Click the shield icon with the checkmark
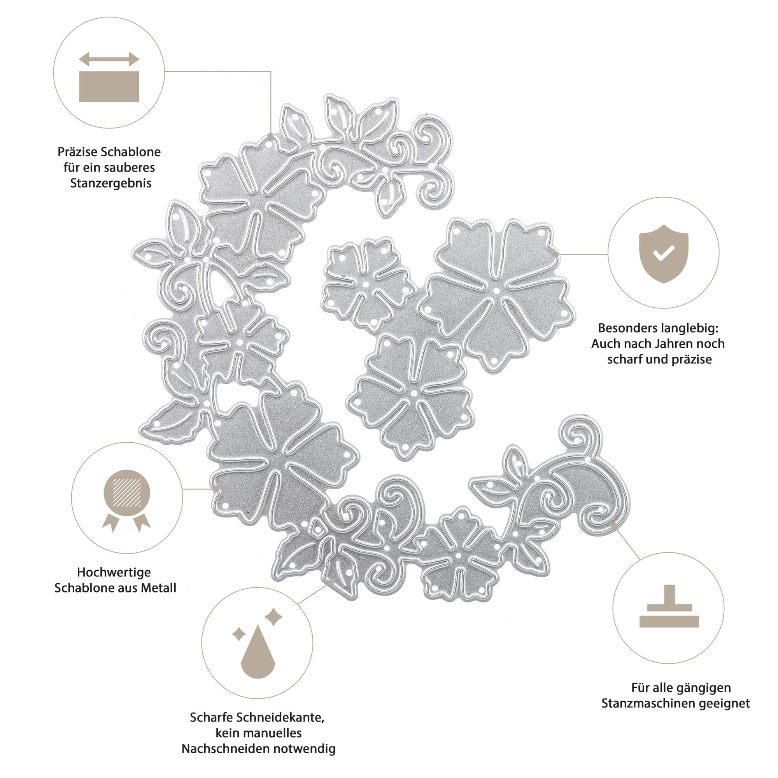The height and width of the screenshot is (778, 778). (663, 254)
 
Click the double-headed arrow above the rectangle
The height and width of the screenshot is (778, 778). (109, 59)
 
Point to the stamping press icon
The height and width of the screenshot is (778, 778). (669, 606)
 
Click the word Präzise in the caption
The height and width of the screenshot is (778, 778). (77, 152)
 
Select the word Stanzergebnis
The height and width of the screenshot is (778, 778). (111, 183)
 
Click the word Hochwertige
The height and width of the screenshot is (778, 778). (114, 572)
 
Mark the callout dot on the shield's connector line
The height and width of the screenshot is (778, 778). (555, 254)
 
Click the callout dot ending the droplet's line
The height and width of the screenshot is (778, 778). (330, 583)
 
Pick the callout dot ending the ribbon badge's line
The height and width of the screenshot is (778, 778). (216, 489)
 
